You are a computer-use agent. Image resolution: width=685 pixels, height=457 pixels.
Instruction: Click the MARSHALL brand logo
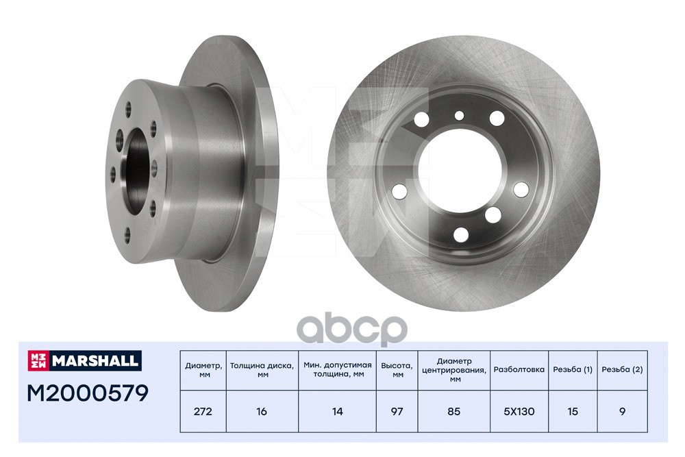84,360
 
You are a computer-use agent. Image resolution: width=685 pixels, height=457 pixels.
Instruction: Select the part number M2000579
88,393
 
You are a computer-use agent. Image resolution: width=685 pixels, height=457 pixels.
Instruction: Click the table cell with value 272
203,412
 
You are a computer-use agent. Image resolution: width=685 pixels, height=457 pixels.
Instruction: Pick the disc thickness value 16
262,412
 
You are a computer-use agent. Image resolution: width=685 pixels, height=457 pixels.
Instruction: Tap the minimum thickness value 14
337,412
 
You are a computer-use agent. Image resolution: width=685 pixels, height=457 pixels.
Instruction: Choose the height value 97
397,412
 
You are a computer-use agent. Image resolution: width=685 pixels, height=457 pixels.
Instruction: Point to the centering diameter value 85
454,412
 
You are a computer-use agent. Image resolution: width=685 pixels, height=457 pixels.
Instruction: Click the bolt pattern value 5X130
519,412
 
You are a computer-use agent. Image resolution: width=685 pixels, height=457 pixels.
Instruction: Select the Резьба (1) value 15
572,412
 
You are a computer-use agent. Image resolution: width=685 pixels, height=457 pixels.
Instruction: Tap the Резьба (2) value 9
622,412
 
